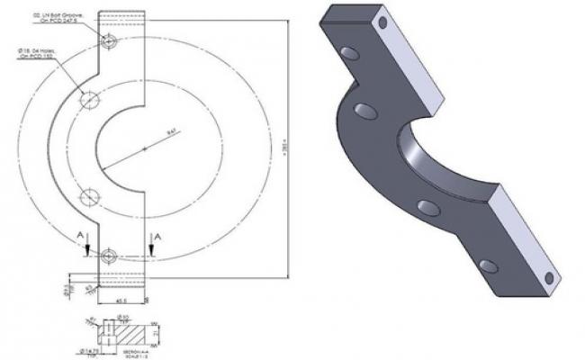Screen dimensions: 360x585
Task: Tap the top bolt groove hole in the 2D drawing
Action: [109, 40]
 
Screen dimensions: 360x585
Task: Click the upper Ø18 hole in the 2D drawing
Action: [90, 101]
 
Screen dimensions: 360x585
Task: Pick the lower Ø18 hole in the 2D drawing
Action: [90, 197]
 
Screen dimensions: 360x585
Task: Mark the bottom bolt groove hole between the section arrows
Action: [109, 256]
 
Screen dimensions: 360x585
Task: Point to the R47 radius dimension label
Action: [170, 133]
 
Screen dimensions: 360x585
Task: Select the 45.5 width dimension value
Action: [121, 301]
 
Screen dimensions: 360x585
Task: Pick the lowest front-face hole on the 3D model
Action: [489, 265]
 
